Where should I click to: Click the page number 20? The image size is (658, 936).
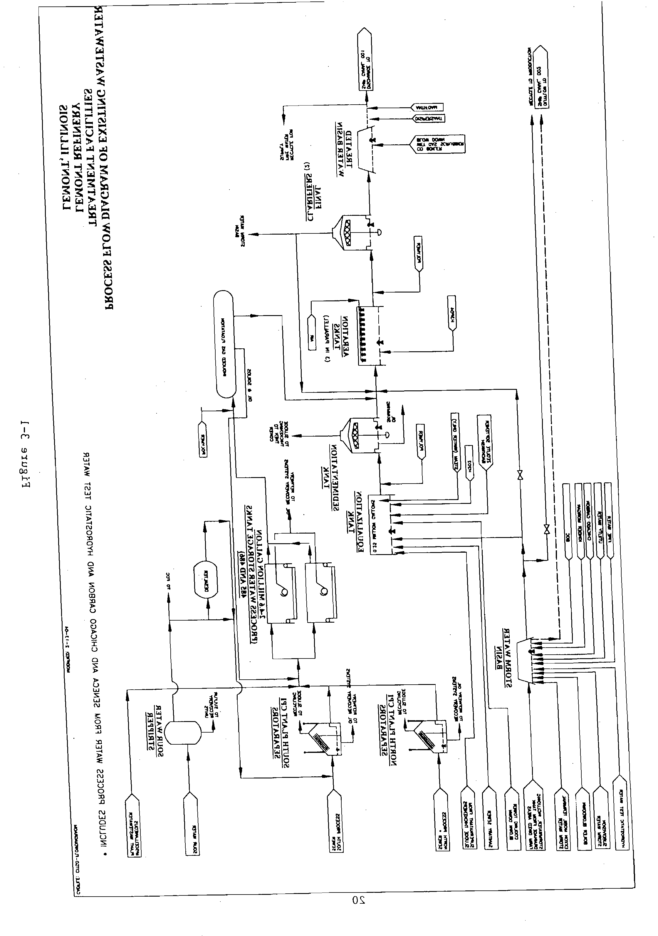point(359,900)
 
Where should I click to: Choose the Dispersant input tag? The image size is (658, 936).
point(428,119)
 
